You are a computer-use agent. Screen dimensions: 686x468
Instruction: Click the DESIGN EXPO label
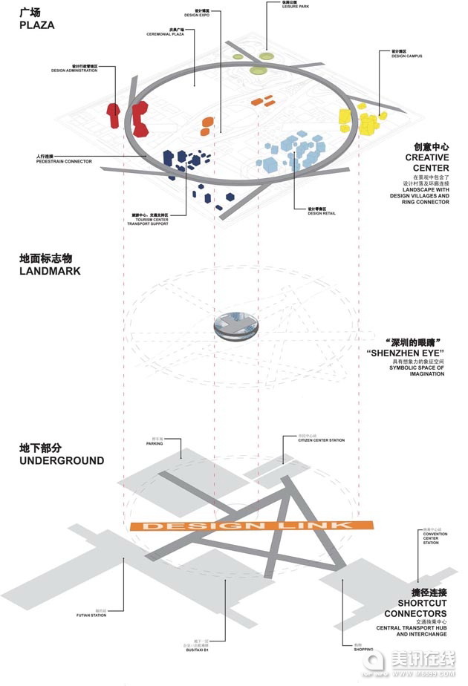(x=197, y=15)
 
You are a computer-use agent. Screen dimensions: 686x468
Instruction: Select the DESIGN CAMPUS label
(x=408, y=55)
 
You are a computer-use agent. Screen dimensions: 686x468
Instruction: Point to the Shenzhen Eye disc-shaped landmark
(x=235, y=327)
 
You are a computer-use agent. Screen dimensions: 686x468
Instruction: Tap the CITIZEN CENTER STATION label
(x=321, y=441)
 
